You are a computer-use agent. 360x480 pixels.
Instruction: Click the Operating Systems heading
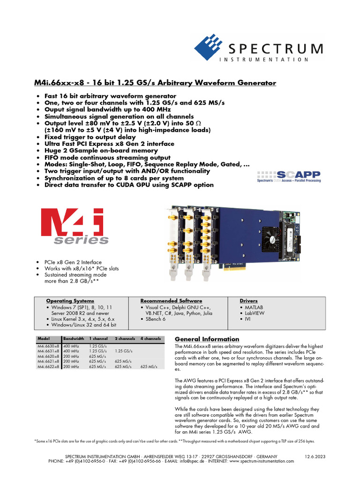coord(70,300)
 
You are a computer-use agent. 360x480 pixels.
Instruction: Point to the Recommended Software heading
coord(171,300)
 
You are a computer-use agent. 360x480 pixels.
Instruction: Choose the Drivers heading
coord(248,300)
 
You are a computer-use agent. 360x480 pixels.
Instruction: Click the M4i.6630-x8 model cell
coord(48,345)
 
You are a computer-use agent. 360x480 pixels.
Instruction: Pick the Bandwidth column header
coord(73,338)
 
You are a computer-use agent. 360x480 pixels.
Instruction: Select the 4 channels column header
coord(150,338)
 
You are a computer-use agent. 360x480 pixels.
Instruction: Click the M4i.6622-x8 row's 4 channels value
coord(149,367)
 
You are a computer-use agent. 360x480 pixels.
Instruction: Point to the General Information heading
coord(207,339)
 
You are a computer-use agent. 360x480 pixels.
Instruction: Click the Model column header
coord(43,338)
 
